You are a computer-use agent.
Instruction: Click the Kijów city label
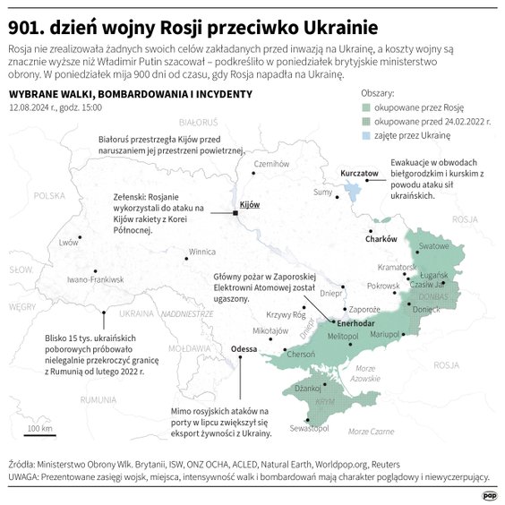250,205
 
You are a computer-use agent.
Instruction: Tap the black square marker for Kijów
235,212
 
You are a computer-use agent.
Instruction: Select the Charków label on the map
381,239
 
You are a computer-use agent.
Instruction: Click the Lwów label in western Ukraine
69,242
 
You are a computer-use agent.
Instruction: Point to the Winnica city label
201,252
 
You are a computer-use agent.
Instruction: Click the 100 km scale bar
39,434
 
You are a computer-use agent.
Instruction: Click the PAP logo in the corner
490,492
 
